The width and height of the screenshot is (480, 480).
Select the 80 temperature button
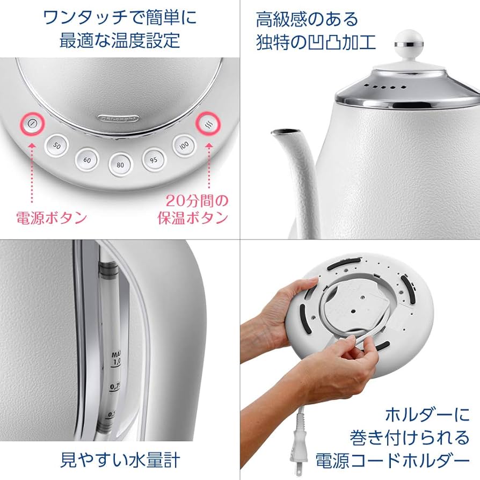[121, 164]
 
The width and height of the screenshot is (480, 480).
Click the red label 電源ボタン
[52, 217]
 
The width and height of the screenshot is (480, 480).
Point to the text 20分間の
[197, 201]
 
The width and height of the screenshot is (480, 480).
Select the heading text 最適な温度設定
[119, 41]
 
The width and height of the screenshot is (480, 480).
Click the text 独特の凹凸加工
[316, 41]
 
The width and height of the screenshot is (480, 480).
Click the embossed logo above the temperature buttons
[119, 116]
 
